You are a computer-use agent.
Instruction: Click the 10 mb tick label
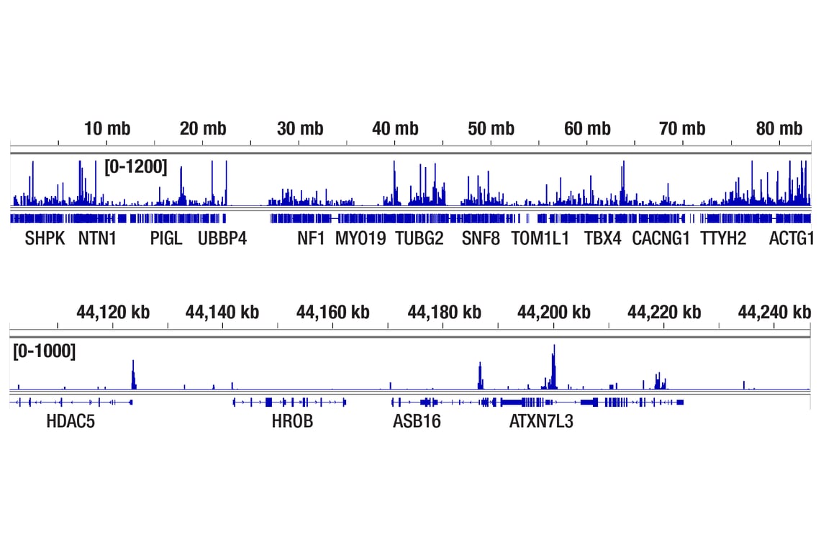(107, 129)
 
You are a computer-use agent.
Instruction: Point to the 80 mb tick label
(779, 129)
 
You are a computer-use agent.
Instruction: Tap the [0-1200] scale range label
(136, 168)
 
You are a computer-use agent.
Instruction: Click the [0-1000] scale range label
(44, 351)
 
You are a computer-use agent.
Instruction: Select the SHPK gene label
(45, 238)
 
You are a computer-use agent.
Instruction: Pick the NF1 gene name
(312, 238)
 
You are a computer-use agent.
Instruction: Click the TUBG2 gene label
(419, 238)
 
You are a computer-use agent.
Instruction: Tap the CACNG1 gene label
(661, 238)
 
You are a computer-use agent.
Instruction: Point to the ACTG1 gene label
(791, 238)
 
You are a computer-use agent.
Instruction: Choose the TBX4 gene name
(602, 238)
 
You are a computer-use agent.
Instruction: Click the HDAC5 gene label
(71, 421)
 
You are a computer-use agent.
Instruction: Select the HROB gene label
(292, 421)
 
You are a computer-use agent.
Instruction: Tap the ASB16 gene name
(417, 421)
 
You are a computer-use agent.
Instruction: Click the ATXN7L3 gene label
(541, 421)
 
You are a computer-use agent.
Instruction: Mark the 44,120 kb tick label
(113, 312)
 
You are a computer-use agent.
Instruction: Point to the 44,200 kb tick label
(553, 312)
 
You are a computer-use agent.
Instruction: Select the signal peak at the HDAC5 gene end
(133, 375)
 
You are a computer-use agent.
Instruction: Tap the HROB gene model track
(289, 402)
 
